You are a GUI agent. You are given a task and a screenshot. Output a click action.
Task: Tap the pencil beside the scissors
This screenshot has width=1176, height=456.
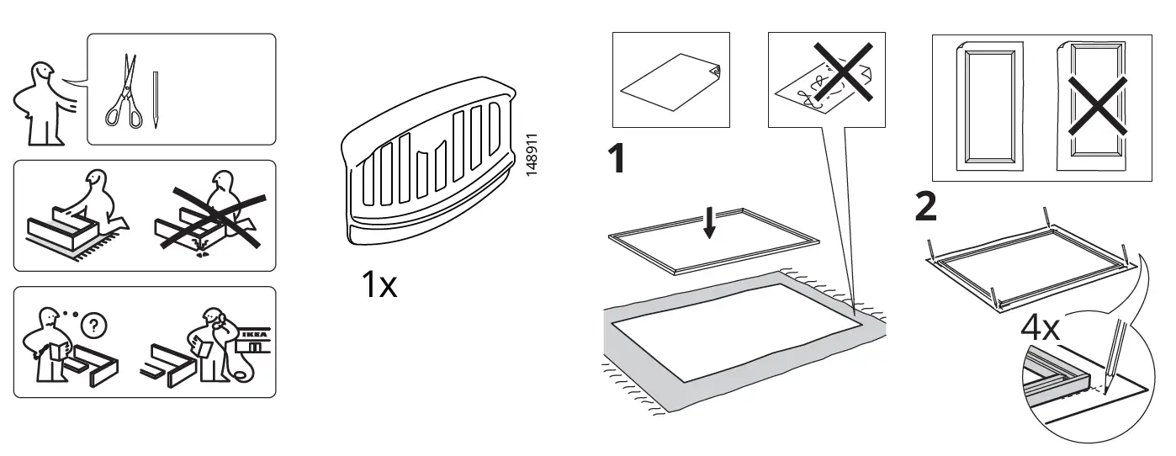(156, 99)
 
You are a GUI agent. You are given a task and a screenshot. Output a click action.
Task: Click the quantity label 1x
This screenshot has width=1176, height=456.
(379, 286)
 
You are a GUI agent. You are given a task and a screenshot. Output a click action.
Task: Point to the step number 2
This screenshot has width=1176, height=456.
(925, 206)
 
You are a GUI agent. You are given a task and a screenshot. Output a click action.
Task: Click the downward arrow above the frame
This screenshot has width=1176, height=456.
(710, 224)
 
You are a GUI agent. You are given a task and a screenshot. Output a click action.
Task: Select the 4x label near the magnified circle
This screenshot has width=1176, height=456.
(1041, 327)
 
